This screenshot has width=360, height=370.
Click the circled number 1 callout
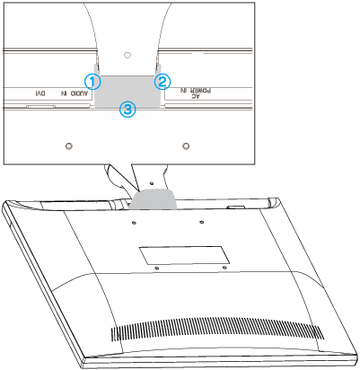click(92, 82)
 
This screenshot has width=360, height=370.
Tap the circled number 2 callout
click(162, 82)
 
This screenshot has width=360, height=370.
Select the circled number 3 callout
click(127, 109)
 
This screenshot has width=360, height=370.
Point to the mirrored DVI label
click(40, 93)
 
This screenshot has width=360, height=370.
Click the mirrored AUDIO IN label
click(75, 93)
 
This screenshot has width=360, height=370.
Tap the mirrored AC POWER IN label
click(196, 92)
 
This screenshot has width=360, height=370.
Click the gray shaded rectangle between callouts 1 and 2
click(127, 91)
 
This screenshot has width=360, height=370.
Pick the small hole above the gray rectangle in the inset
click(127, 55)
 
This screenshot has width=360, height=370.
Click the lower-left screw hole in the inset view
click(69, 146)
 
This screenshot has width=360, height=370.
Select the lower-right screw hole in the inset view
click(186, 146)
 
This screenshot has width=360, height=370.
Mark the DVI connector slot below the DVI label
click(40, 106)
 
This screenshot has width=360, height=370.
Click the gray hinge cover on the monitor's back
click(153, 198)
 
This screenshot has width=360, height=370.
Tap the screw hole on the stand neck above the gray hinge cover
click(151, 182)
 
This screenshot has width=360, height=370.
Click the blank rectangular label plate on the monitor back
click(184, 255)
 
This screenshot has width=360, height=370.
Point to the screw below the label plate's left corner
click(157, 268)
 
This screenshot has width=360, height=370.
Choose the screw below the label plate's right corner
click(225, 267)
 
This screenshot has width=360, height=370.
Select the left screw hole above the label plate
click(134, 223)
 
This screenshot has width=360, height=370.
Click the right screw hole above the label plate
click(202, 222)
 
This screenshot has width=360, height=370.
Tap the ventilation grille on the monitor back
click(217, 330)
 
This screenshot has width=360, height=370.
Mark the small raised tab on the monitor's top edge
click(236, 207)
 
